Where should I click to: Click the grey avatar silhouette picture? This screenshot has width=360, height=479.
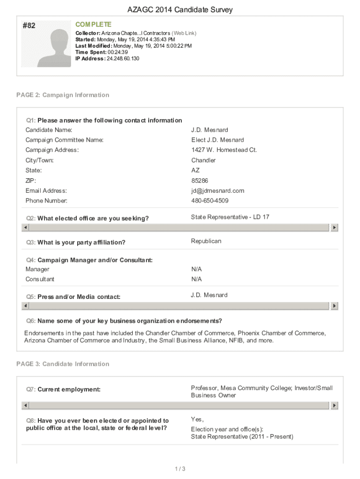coord(53,48)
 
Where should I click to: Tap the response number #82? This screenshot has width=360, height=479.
coord(29,26)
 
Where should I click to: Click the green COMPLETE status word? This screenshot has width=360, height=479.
coord(94,24)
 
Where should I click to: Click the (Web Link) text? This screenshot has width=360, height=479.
coord(184,33)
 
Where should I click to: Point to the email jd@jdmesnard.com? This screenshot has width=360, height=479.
coord(218,191)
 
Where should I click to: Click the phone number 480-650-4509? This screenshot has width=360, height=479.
coord(210,201)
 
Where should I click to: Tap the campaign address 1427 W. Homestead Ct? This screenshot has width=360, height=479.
coord(224,150)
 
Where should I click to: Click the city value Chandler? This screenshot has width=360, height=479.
coord(203,160)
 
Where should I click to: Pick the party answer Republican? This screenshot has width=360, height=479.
coord(206,241)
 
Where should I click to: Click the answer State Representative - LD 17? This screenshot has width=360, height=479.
coord(230,217)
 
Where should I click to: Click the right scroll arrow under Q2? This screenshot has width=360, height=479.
coord(334,227)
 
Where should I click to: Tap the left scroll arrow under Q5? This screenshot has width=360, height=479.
coord(26,305)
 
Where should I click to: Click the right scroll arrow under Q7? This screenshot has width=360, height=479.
coord(334,406)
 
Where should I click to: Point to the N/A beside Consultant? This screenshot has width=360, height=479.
coord(196,279)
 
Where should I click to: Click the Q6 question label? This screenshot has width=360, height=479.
coord(124,321)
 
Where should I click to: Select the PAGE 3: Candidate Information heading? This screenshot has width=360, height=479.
coord(63,364)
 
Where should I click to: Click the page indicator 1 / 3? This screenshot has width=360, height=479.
coord(180,469)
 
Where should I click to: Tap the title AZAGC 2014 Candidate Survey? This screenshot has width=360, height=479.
coord(180,10)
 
